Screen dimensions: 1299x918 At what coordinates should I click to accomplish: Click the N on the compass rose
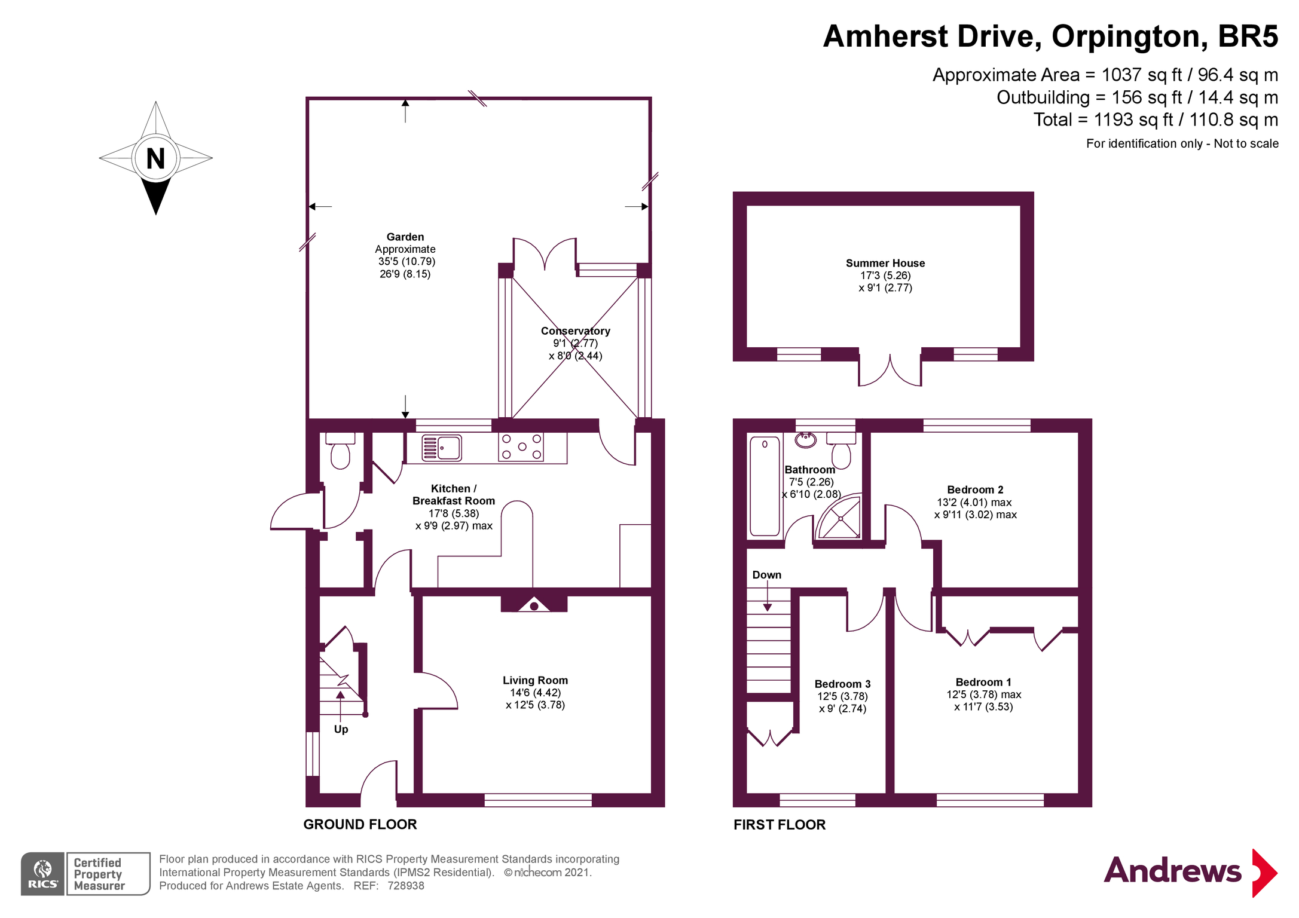[155, 158]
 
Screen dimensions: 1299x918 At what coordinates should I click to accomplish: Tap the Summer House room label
[885, 263]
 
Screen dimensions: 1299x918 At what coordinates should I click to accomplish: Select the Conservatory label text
[576, 331]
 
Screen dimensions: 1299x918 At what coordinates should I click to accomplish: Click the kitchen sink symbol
[442, 448]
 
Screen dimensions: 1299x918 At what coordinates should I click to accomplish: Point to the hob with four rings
[521, 447]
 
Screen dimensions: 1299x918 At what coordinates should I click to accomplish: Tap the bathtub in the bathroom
[765, 486]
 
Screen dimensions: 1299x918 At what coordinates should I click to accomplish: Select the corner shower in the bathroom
[840, 517]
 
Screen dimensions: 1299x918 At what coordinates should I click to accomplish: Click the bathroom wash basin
[806, 440]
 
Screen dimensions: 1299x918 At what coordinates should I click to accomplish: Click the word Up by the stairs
[341, 729]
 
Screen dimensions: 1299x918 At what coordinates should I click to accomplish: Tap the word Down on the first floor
[767, 575]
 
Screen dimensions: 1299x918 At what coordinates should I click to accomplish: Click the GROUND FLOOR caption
[360, 824]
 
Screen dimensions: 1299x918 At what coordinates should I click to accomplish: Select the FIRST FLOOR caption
[780, 825]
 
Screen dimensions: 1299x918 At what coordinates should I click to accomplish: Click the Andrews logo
[1190, 872]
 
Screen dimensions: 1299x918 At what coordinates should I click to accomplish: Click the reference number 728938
[406, 886]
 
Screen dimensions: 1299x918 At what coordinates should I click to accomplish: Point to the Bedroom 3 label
[842, 684]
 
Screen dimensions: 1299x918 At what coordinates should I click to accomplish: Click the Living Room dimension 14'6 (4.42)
[535, 693]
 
